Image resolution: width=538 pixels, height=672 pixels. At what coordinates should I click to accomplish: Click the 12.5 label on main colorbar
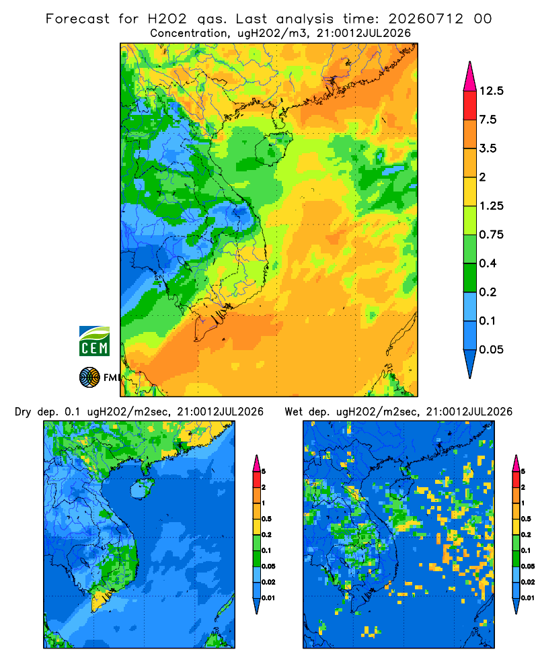491,91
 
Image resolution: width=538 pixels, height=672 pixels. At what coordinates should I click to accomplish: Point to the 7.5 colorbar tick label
488,120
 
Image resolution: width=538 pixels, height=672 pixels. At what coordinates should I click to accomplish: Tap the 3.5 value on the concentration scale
488,149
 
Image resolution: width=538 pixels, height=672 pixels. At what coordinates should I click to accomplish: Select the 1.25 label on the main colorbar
491,206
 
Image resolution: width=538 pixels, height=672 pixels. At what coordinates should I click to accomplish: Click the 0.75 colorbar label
491,235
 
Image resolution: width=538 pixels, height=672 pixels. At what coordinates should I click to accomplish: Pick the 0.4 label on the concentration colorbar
488,263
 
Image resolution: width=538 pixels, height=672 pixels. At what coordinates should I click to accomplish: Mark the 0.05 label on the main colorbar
491,349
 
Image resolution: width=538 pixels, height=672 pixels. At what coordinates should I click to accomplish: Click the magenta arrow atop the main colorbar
470,77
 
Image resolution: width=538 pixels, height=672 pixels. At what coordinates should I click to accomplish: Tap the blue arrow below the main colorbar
470,364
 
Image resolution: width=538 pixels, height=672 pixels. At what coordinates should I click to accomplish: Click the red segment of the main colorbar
470,106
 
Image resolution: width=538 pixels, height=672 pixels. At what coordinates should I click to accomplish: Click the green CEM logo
94,341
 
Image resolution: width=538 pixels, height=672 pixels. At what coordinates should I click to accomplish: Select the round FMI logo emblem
89,378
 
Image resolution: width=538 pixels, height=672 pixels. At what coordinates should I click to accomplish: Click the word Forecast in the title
77,19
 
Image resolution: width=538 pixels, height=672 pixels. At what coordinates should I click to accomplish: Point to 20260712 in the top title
426,19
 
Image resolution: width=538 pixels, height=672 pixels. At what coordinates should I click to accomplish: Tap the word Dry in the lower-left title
23,412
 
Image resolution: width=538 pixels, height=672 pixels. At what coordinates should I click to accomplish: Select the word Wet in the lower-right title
294,412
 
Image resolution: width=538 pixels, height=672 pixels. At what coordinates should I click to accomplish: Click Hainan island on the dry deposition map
141,489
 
